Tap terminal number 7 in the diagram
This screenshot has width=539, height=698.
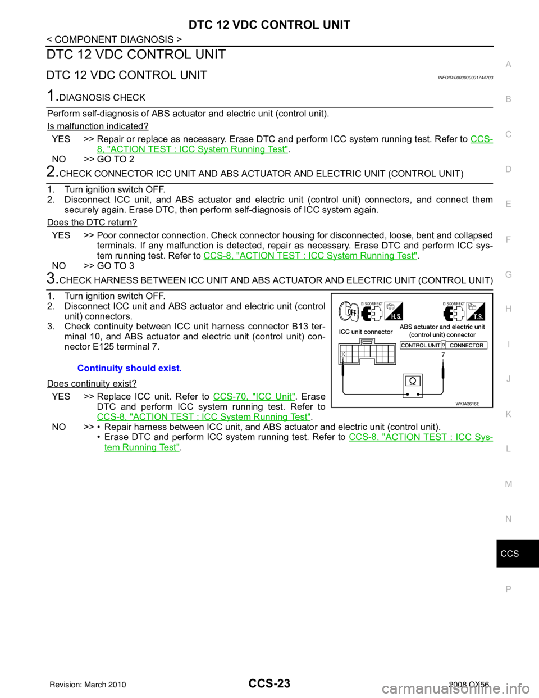pyautogui.click(x=443, y=355)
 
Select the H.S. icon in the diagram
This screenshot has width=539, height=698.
pyautogui.click(x=394, y=311)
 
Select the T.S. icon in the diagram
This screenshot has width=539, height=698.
pyautogui.click(x=476, y=311)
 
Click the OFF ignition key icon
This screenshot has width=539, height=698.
pyautogui.click(x=349, y=311)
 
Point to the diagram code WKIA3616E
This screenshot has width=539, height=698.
pyautogui.click(x=468, y=404)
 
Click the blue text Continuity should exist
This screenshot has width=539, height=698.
pyautogui.click(x=130, y=368)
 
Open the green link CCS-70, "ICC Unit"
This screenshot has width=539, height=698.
pyautogui.click(x=254, y=396)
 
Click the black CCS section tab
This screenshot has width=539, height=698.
pyautogui.click(x=518, y=554)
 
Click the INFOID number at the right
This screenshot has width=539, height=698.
pyautogui.click(x=465, y=78)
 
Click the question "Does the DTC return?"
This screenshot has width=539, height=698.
pyautogui.click(x=92, y=223)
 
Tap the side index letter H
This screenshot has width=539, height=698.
pyautogui.click(x=508, y=309)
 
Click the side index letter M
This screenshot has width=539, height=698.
pyautogui.click(x=509, y=484)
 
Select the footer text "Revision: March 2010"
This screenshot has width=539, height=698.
pyautogui.click(x=88, y=683)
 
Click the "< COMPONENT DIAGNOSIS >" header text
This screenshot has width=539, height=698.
pyautogui.click(x=114, y=39)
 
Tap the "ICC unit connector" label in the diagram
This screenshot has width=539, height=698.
pyautogui.click(x=366, y=332)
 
